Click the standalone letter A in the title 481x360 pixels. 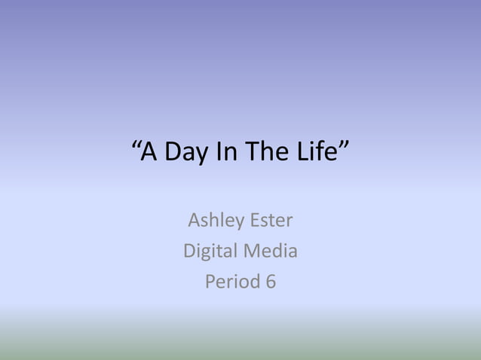pos(149,153)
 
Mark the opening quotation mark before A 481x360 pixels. pos(136,145)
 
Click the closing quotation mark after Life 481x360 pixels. pos(344,145)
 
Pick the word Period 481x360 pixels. pos(231,282)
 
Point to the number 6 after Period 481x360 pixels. pos(270,282)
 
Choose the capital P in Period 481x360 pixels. pos(210,282)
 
